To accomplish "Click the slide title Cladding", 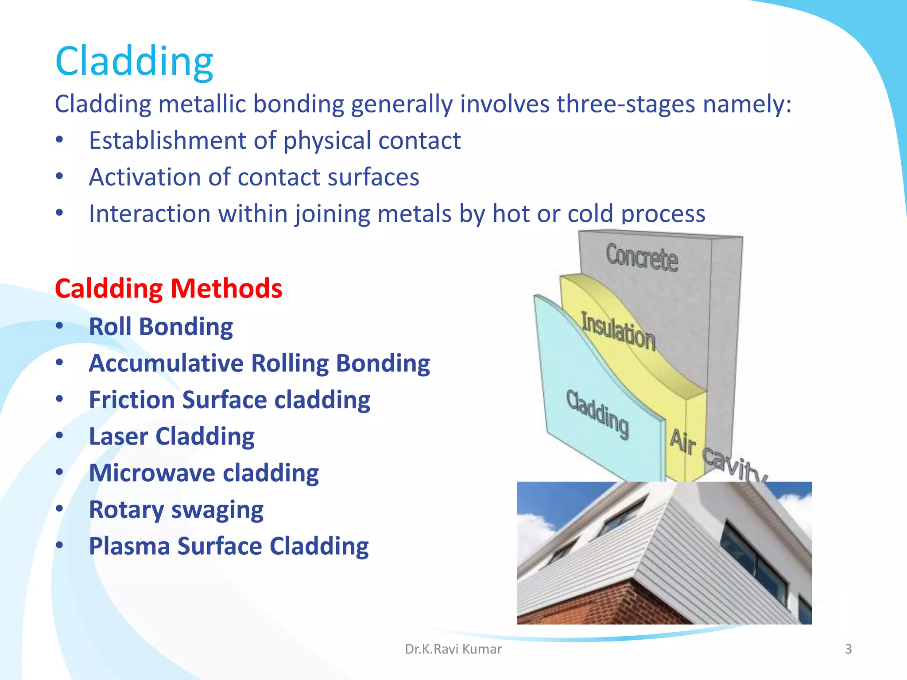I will click(x=134, y=62).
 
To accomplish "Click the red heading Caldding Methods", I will click(x=168, y=289).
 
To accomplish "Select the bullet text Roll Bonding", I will click(x=161, y=327).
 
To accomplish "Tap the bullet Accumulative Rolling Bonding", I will click(x=259, y=363).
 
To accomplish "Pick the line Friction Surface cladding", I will click(x=229, y=400).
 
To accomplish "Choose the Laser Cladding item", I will click(x=172, y=437).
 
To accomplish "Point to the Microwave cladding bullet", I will click(x=204, y=473).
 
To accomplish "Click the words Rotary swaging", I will click(x=176, y=510).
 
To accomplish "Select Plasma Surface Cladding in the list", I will click(x=229, y=546).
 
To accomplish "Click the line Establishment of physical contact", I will click(x=275, y=141).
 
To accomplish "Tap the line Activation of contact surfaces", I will click(x=254, y=177).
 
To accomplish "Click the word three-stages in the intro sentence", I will click(x=626, y=104).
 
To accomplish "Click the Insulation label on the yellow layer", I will click(x=618, y=331).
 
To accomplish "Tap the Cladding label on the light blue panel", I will click(x=597, y=414).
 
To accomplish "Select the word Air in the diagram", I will click(x=682, y=442).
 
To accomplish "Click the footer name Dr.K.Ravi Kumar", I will click(x=453, y=649).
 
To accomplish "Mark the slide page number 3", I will click(x=848, y=649).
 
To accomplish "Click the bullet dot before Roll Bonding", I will click(x=60, y=326).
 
